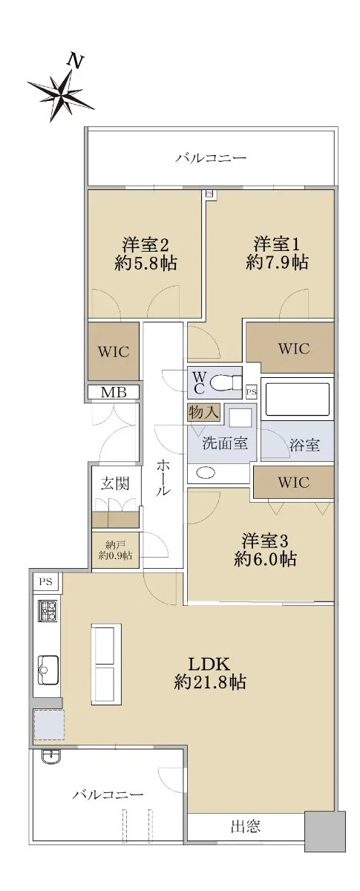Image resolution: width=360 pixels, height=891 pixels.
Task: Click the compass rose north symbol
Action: tap(60, 91)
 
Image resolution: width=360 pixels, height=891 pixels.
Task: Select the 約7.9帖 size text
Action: tap(277, 262)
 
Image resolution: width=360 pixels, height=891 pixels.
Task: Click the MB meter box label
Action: tap(114, 393)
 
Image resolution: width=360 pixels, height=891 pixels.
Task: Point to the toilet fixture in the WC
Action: tap(225, 383)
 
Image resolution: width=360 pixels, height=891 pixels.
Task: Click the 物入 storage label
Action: tap(203, 412)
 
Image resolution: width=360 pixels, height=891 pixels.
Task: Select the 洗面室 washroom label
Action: tap(225, 443)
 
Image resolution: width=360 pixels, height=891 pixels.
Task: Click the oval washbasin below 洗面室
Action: tap(206, 472)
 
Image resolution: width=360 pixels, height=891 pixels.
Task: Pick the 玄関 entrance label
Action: tap(115, 483)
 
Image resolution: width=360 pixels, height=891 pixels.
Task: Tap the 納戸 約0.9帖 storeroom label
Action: tap(115, 550)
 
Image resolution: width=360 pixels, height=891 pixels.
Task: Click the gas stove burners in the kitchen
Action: tap(48, 610)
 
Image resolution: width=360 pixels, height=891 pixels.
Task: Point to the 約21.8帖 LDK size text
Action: tap(209, 682)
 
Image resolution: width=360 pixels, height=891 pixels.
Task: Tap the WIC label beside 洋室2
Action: tap(114, 352)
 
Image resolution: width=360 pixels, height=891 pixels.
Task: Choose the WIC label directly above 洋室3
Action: tap(294, 483)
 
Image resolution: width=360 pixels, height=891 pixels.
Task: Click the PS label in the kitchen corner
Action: tap(46, 581)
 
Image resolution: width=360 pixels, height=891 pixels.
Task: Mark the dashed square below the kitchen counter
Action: tap(49, 725)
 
